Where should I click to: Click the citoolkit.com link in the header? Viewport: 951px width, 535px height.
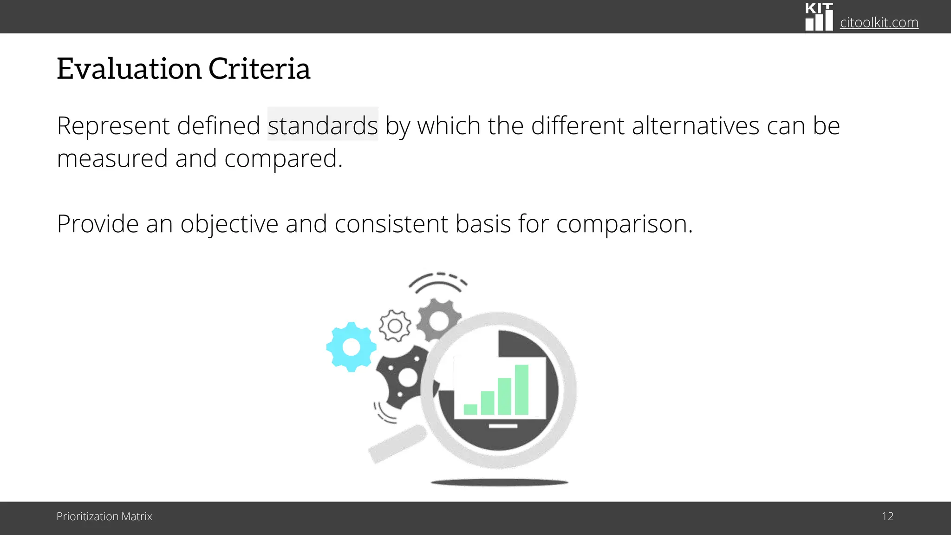(879, 22)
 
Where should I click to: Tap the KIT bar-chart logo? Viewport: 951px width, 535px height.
(819, 18)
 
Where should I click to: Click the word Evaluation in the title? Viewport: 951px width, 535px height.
(129, 69)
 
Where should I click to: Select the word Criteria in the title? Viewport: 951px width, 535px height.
(259, 69)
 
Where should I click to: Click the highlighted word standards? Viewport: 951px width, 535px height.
(323, 125)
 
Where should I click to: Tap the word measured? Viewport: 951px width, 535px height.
(112, 158)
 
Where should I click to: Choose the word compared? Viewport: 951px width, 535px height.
(283, 158)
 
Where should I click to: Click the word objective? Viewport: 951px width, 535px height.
(229, 224)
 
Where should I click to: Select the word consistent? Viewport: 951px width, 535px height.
(391, 224)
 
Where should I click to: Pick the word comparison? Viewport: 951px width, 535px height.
(624, 224)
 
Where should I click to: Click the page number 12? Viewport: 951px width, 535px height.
(887, 516)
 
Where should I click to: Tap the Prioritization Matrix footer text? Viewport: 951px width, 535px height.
(104, 516)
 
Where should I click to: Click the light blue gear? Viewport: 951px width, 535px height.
(351, 347)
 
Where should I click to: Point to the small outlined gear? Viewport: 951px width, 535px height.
(395, 326)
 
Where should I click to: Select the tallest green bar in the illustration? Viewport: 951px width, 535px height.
(521, 390)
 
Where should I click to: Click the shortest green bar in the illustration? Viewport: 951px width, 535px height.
(470, 409)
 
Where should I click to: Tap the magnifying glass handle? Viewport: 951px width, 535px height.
(397, 444)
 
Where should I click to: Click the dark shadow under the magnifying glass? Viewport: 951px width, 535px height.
(499, 483)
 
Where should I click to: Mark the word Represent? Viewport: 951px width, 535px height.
(113, 125)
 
